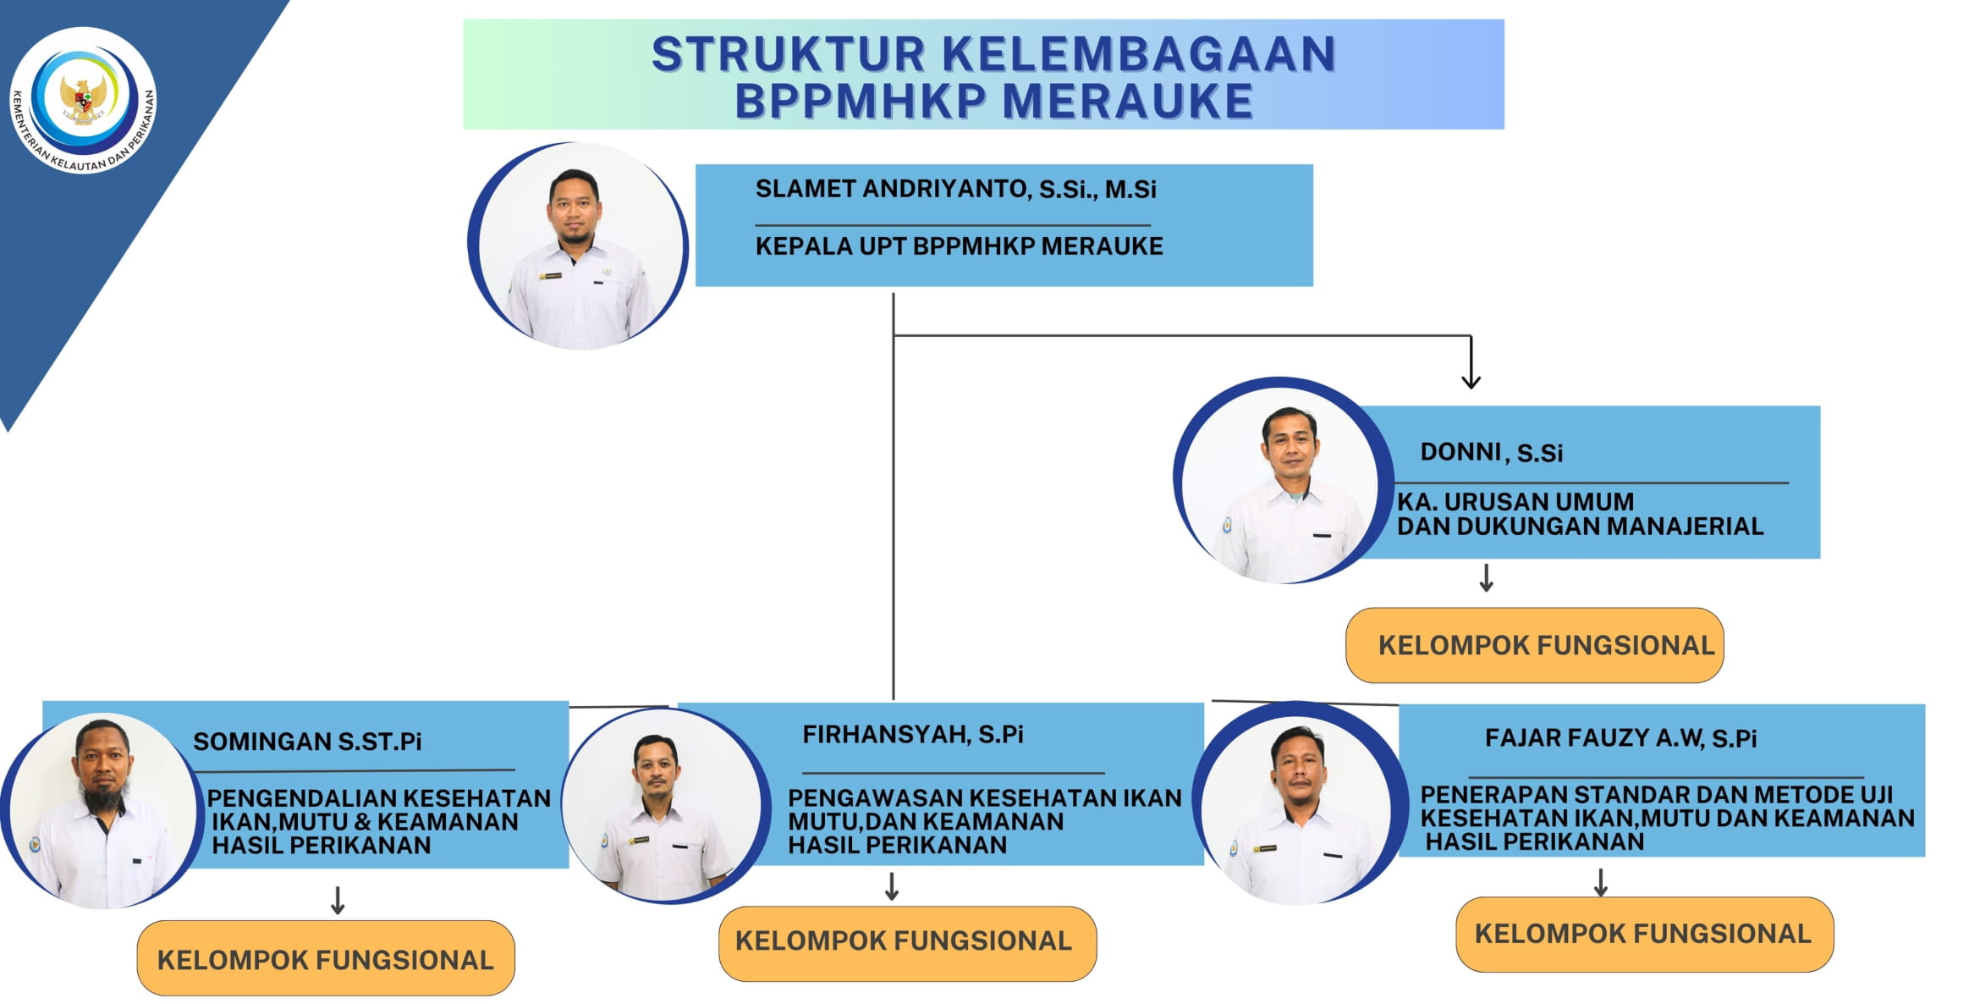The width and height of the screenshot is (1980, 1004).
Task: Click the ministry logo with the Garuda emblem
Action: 83,101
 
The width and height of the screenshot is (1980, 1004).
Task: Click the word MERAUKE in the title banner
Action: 1127,102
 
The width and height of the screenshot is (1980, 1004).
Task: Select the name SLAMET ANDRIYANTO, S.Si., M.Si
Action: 955,189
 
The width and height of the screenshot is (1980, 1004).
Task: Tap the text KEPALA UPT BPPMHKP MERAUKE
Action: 959,246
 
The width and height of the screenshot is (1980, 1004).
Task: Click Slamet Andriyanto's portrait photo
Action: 579,246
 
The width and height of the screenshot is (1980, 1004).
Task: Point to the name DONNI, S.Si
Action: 1491,453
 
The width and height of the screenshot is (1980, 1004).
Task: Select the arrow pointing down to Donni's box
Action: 1471,362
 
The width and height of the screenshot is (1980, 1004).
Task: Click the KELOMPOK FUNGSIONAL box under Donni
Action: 1534,645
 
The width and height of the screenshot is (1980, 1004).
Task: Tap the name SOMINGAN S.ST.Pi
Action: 307,742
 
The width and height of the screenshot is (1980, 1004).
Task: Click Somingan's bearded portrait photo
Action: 102,811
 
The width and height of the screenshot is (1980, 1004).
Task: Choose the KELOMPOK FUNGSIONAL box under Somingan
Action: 326,958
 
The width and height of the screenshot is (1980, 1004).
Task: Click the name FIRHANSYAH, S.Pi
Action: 913,735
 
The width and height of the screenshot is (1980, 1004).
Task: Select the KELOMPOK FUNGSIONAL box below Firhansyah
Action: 907,944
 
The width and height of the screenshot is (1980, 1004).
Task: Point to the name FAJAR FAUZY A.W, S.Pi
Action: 1620,738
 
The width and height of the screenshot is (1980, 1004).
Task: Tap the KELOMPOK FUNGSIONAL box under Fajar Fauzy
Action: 1644,935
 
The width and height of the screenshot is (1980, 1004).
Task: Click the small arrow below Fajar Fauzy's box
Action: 1600,882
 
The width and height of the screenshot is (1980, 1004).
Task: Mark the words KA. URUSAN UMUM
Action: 1515,501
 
